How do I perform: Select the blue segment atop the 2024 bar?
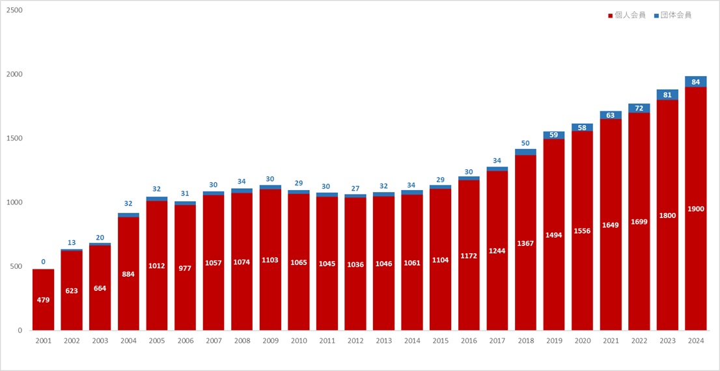point(695,81)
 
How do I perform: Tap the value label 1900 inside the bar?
point(695,209)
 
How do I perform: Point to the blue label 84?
point(695,82)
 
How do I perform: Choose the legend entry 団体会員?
point(672,15)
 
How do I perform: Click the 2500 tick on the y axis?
point(14,10)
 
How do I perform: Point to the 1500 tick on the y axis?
point(14,139)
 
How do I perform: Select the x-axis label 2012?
point(355,340)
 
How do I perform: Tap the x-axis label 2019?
point(554,340)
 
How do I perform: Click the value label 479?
point(43,300)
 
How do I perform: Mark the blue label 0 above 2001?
point(43,262)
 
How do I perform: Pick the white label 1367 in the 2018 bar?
point(525,244)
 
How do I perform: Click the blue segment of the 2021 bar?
point(611,115)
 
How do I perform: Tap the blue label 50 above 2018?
point(525,143)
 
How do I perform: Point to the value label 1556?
point(582,230)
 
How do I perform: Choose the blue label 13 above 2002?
point(72,243)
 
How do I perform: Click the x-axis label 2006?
point(185,340)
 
